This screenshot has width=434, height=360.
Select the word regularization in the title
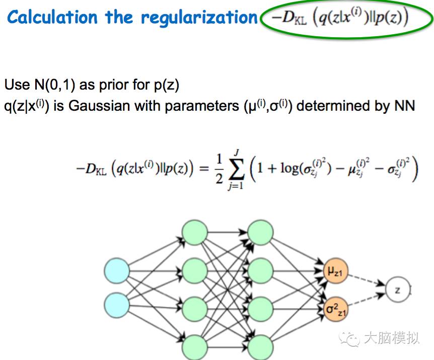(199, 18)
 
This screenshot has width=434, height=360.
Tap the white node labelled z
(397, 291)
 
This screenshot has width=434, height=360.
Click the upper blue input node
(117, 271)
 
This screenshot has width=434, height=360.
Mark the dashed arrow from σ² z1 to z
(368, 301)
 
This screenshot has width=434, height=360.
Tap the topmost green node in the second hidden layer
(261, 232)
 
